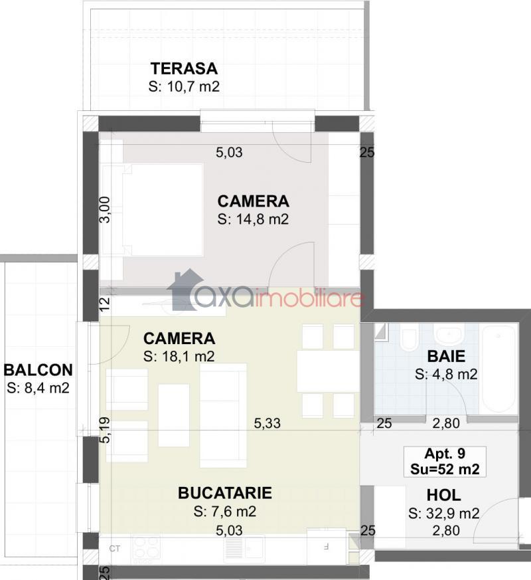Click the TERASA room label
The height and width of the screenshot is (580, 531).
pyautogui.click(x=184, y=69)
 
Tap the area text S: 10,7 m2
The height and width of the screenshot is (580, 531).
pyautogui.click(x=184, y=86)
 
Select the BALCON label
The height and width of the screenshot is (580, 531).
pyautogui.click(x=38, y=370)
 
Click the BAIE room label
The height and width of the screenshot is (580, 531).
pyautogui.click(x=446, y=356)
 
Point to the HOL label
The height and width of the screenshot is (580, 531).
pyautogui.click(x=444, y=495)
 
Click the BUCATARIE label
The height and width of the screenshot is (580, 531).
pyautogui.click(x=225, y=493)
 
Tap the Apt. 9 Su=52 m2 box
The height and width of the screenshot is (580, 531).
pyautogui.click(x=445, y=461)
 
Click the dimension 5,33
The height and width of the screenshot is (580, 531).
pyautogui.click(x=267, y=423)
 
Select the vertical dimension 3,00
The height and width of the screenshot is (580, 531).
pyautogui.click(x=105, y=209)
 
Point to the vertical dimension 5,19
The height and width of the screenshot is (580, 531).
pyautogui.click(x=105, y=430)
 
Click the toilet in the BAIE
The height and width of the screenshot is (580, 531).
pyautogui.click(x=409, y=338)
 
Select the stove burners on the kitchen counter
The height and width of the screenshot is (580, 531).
pyautogui.click(x=147, y=547)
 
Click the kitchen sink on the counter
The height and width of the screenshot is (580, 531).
pyautogui.click(x=244, y=547)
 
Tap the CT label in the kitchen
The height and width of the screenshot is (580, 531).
pyautogui.click(x=115, y=549)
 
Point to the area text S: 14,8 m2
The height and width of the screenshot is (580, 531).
pyautogui.click(x=253, y=219)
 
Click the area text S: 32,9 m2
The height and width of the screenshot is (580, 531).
pyautogui.click(x=444, y=513)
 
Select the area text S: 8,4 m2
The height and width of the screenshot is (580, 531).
pyautogui.click(x=38, y=388)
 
